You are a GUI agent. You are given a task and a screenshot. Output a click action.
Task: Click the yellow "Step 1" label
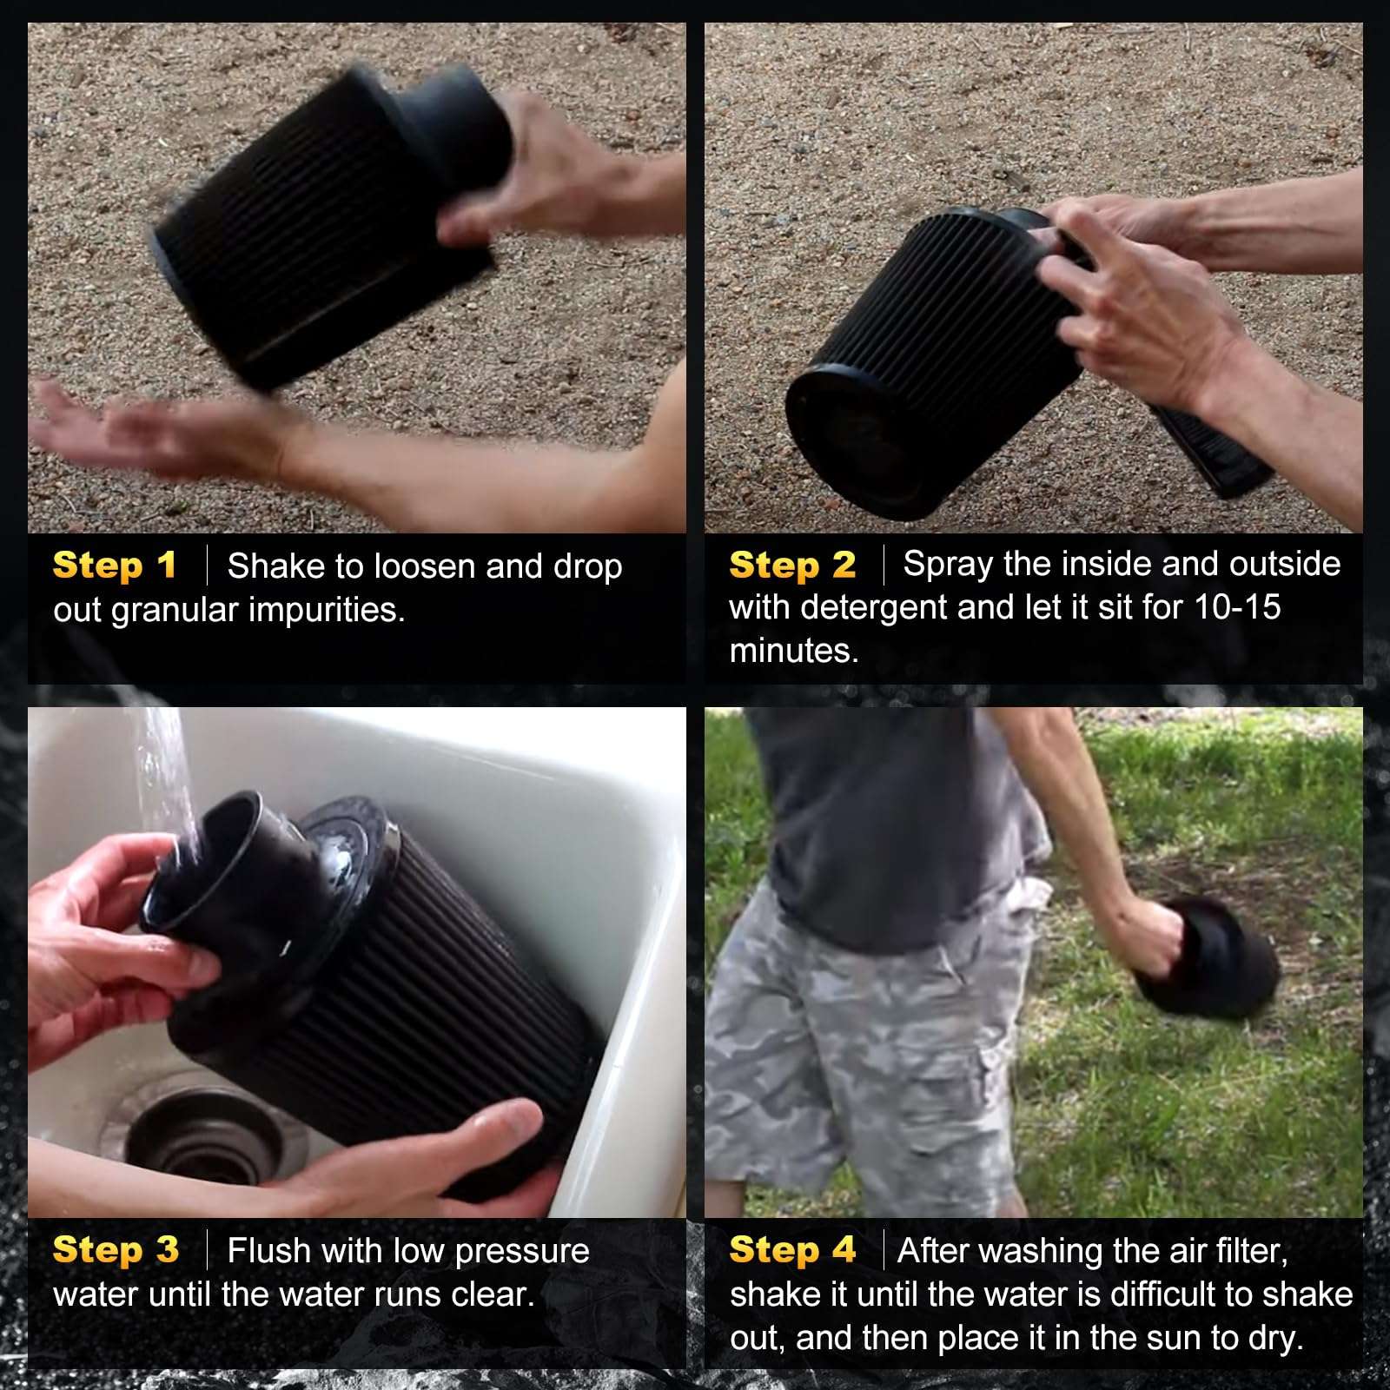point(115,566)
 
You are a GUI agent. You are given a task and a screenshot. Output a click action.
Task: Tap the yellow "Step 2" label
point(792,566)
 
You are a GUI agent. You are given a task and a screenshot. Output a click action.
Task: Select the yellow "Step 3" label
point(116,1250)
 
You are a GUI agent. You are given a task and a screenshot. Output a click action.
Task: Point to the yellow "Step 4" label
point(792,1250)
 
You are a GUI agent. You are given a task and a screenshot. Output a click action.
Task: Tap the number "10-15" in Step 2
point(1238,607)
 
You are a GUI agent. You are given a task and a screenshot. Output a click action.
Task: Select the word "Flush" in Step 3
point(268,1251)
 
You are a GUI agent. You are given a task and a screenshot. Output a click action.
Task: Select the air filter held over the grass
point(1208,960)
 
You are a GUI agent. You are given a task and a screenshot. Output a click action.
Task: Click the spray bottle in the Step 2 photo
point(1208,443)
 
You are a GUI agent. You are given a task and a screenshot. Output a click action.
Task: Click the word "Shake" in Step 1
point(277,566)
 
